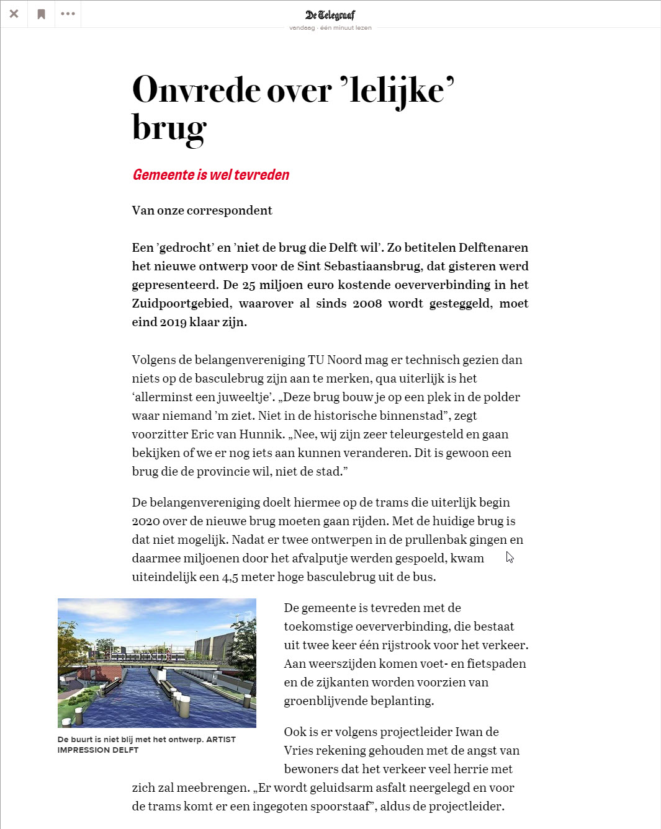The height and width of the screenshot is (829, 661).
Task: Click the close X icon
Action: click(x=14, y=14)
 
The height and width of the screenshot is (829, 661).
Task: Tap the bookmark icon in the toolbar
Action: click(x=41, y=14)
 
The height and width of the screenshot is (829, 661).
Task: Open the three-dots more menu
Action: click(x=68, y=14)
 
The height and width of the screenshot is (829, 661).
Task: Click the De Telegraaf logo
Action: click(x=330, y=15)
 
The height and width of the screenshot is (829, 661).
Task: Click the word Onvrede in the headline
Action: click(x=196, y=90)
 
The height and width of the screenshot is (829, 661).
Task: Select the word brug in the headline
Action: click(x=169, y=128)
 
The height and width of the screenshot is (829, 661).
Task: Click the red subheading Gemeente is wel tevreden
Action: click(x=211, y=175)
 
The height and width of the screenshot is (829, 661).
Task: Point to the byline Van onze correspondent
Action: click(x=202, y=210)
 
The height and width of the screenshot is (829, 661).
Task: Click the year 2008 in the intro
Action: click(x=367, y=303)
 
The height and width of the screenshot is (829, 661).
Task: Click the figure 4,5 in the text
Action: click(x=230, y=577)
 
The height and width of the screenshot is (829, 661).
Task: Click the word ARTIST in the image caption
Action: click(x=220, y=739)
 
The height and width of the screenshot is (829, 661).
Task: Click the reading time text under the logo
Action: click(x=330, y=28)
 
